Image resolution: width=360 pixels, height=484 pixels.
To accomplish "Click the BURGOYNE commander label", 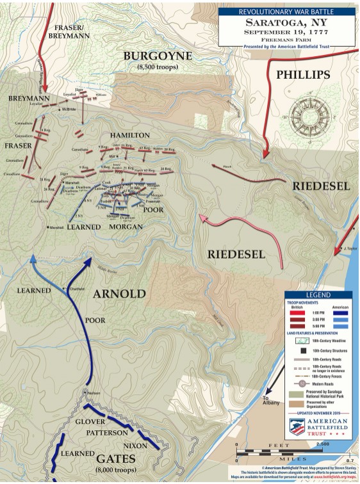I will pyautogui.click(x=158, y=56).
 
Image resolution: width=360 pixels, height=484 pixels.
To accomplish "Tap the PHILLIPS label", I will pyautogui.click(x=303, y=75).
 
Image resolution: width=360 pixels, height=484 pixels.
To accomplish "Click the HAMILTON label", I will pyautogui.click(x=129, y=136).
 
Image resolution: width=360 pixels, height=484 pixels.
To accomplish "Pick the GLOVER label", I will pyautogui.click(x=95, y=422).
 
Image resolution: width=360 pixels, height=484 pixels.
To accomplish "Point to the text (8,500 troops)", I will pyautogui.click(x=158, y=67).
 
